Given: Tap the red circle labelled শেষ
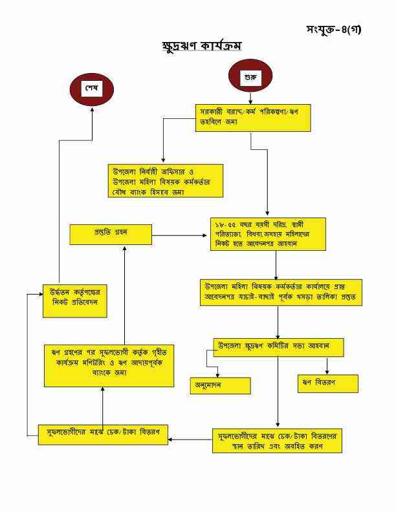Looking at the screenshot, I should (x=91, y=89).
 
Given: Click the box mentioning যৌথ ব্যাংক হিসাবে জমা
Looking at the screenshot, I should (x=165, y=180).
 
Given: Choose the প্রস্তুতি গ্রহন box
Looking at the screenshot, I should (x=111, y=234).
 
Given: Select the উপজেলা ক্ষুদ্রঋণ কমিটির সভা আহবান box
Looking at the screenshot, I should (x=278, y=347).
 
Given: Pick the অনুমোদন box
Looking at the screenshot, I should (x=219, y=385).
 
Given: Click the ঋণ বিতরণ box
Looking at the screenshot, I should (x=327, y=383).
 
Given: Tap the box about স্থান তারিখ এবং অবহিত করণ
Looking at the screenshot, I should (x=277, y=440).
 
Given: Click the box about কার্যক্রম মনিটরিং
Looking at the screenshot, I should (x=109, y=365).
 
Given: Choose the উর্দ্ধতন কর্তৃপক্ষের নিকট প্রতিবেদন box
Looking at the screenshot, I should (x=74, y=301).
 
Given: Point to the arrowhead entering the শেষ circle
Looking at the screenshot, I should (x=91, y=108).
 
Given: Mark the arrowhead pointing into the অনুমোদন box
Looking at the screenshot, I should (x=217, y=374).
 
